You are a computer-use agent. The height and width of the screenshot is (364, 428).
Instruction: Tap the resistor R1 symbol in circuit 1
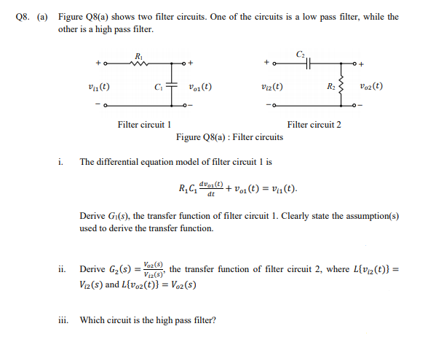point(139,63)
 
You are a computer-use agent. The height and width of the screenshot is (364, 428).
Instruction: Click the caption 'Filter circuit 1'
point(143,125)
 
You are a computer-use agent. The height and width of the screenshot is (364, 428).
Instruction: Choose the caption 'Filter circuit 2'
point(314,125)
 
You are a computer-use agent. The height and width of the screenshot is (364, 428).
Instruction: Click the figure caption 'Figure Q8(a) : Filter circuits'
point(229,136)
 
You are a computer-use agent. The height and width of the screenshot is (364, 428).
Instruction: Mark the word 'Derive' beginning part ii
point(92,269)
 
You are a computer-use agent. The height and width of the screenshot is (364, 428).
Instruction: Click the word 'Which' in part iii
point(92,320)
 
